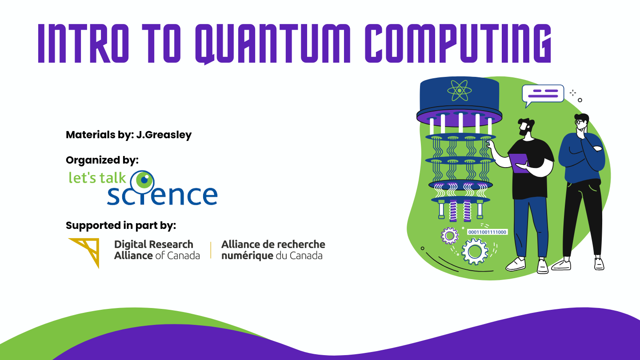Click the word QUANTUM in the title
point(273,44)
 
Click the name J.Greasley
point(164,135)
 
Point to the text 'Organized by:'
point(102,160)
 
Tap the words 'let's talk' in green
point(97,177)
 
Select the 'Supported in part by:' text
point(121,225)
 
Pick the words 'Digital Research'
point(154,244)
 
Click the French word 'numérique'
point(247,256)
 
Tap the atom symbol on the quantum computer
point(460,91)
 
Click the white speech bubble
point(543,94)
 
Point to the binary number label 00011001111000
point(487,232)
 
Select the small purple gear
point(449,236)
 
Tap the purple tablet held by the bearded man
point(519,163)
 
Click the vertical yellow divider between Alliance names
point(211,250)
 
